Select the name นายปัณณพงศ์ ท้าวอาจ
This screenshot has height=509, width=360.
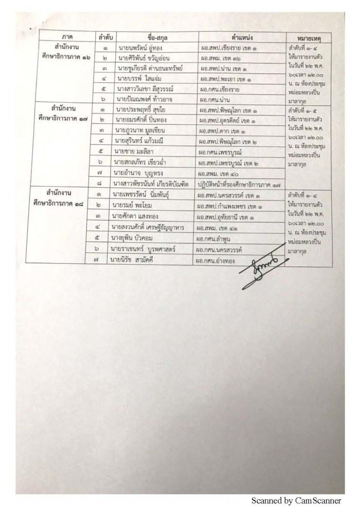tap(141, 97)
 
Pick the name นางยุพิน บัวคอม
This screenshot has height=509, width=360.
tap(135, 238)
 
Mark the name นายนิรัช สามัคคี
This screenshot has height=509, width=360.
tap(135, 261)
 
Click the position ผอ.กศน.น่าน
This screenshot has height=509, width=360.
tap(218, 97)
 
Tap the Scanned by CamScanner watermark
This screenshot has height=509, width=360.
tap(299, 500)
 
